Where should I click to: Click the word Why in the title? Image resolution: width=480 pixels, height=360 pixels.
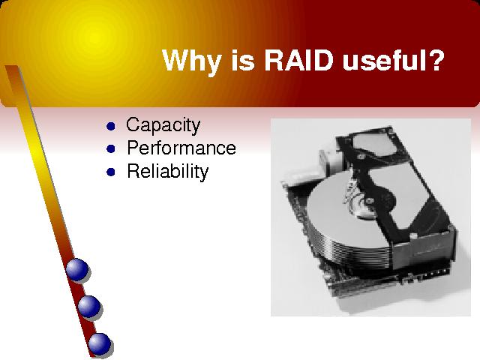click(191, 61)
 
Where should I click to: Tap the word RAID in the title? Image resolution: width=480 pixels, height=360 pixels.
click(298, 60)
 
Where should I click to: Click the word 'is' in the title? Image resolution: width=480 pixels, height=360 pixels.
click(243, 60)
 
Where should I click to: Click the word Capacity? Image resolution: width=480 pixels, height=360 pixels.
click(163, 125)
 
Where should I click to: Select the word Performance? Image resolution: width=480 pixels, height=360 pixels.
click(181, 148)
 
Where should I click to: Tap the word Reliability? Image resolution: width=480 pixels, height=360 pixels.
click(167, 171)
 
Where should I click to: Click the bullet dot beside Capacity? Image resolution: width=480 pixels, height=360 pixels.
click(111, 126)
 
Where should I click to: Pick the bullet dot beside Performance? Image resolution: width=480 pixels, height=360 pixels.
click(111, 149)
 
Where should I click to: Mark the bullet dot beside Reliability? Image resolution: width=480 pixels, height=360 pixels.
click(111, 172)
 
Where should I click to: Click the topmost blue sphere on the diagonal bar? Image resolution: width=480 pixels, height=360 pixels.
click(77, 270)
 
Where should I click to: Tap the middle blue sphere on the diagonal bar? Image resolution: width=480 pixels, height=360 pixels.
click(88, 307)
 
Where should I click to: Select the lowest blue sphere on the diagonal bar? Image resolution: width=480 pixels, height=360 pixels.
click(100, 343)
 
